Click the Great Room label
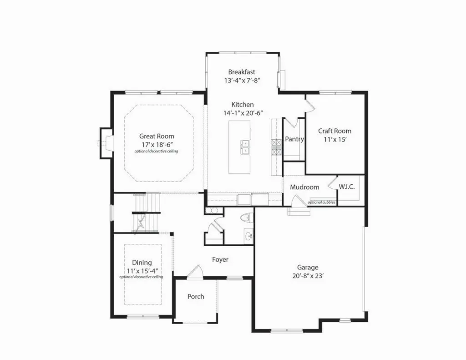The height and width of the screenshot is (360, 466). tap(157, 136)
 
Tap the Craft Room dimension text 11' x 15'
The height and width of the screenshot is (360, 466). tap(335, 139)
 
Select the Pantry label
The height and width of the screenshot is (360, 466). tap(294, 139)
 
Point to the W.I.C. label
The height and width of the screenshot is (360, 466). tap(346, 187)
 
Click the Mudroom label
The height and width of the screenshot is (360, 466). tap(304, 187)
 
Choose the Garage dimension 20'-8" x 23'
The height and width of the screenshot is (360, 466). tap(308, 276)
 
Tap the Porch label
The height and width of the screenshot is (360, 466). tap(196, 296)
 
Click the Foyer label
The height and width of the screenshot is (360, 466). tap(220, 259)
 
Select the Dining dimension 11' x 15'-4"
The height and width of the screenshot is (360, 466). tap(142, 271)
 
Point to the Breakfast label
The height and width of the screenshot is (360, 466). tap(242, 71)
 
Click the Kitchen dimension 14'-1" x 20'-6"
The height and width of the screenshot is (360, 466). tap(243, 113)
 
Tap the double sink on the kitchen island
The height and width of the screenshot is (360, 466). tap(245, 147)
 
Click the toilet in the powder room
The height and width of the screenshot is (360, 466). tap(246, 218)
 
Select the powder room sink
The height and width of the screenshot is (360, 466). tap(248, 236)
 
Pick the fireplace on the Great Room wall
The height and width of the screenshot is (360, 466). tap(106, 143)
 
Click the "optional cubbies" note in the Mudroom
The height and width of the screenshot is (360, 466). tap(321, 202)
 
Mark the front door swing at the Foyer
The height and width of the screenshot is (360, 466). tap(195, 272)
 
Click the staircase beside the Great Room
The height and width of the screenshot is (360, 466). tap(147, 213)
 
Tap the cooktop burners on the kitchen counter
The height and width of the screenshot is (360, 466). tap(276, 147)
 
